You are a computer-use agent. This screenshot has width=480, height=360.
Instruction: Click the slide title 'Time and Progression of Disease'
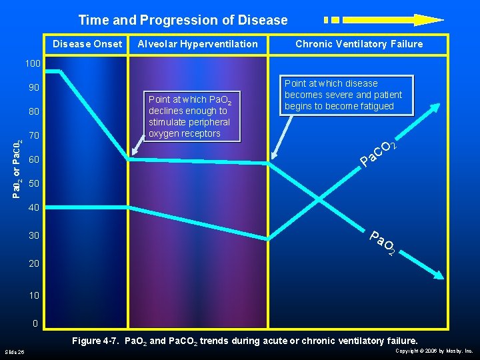[x=183, y=20]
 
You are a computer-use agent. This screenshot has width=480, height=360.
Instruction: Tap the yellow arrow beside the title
[x=384, y=20]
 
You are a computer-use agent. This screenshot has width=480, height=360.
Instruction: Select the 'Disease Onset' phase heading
[x=87, y=44]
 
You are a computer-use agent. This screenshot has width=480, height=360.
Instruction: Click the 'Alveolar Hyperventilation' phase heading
[x=197, y=44]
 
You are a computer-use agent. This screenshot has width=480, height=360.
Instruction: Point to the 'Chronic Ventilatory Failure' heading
[x=359, y=44]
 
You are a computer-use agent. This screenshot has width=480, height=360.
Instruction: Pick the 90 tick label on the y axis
[x=34, y=88]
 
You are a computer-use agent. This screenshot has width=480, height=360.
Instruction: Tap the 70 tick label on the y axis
[x=34, y=136]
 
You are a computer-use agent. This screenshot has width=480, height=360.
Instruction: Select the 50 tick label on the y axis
[x=34, y=183]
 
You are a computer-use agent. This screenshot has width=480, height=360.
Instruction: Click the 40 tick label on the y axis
[x=34, y=208]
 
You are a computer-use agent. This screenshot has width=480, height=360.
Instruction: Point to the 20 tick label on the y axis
[x=34, y=263]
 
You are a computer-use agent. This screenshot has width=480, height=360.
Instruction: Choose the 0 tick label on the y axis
[x=36, y=324]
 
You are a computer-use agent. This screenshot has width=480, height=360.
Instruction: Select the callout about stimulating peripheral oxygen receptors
[x=189, y=117]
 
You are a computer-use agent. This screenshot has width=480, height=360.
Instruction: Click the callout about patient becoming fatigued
[x=343, y=95]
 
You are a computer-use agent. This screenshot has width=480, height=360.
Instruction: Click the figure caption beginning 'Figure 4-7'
[x=245, y=341]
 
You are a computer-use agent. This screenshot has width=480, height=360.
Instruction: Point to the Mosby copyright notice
[x=434, y=351]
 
